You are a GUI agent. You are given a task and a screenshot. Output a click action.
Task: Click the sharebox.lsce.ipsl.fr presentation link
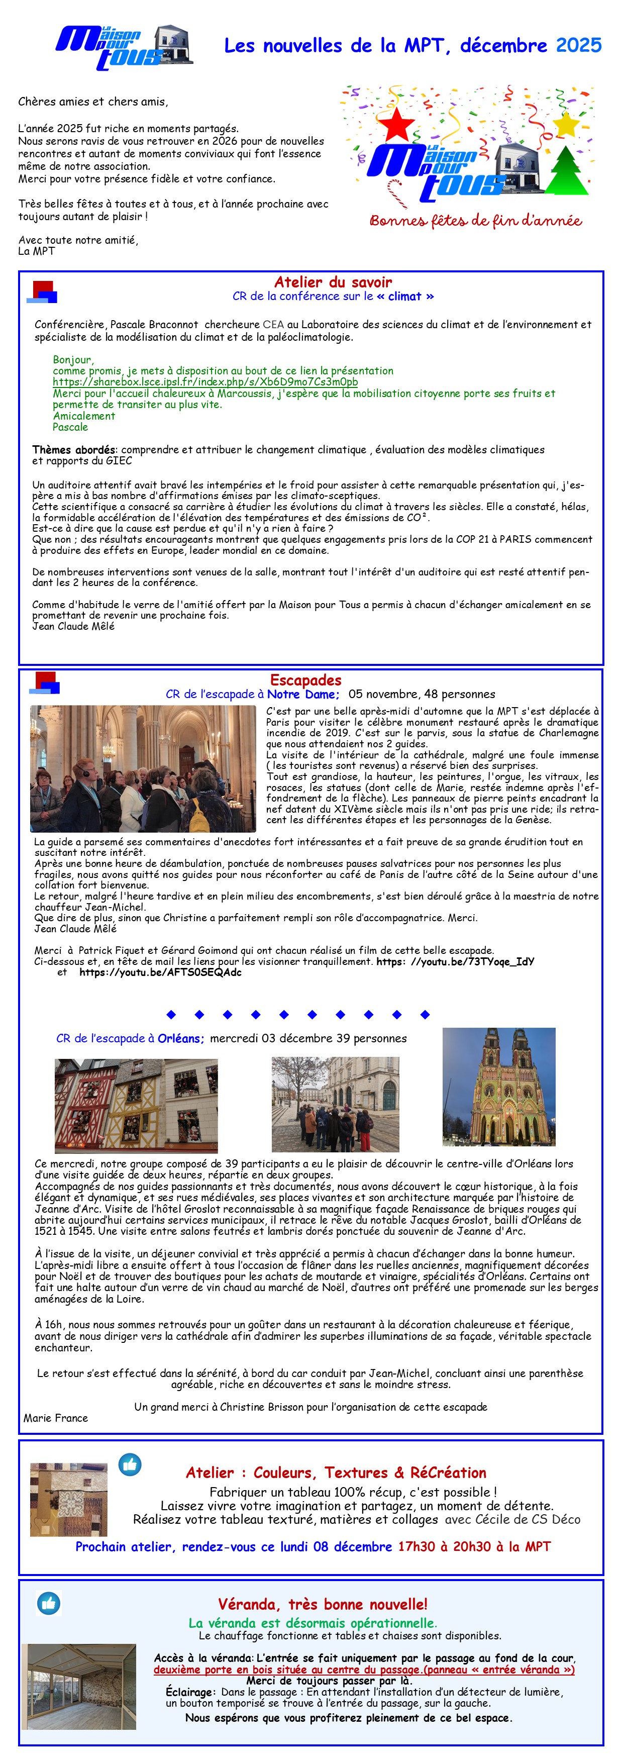point(205,382)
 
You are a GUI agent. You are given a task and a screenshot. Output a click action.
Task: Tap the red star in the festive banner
point(396,124)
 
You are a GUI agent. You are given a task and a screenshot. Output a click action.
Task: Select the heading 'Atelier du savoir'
point(333,282)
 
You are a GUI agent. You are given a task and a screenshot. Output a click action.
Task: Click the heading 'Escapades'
point(305,680)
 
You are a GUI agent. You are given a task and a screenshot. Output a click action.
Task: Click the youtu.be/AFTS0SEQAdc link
point(160,972)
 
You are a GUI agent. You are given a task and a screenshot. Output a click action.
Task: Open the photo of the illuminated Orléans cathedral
point(498,1087)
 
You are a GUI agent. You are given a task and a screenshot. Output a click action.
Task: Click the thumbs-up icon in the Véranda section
point(48,1603)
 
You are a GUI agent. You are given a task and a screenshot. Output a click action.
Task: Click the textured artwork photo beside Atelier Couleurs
point(68,1500)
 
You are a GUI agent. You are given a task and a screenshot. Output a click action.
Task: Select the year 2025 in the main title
point(578,46)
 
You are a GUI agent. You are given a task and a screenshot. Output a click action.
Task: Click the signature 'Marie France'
point(55,1418)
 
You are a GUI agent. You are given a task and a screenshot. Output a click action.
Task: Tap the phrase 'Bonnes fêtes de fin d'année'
point(475,221)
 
